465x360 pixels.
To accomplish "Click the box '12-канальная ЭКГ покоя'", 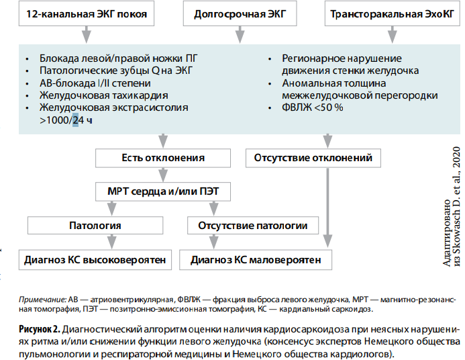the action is click(x=87, y=13).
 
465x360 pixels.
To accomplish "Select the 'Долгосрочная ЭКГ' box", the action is click(x=240, y=13).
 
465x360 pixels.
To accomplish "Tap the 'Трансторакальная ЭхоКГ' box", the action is click(x=393, y=13).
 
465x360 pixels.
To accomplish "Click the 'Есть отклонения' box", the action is click(x=163, y=158).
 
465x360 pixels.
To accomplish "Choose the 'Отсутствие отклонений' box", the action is click(x=313, y=158).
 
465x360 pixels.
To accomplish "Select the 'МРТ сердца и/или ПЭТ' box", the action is click(x=163, y=191).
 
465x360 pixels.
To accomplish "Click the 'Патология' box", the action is click(x=95, y=226).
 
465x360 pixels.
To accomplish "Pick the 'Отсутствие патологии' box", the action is click(x=253, y=226).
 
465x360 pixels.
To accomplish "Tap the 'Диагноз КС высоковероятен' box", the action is click(x=95, y=260).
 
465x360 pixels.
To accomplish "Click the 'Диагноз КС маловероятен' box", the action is click(x=256, y=260).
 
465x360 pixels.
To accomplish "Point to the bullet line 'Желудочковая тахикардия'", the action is click(x=104, y=95).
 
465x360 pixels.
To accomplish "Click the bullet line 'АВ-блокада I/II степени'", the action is click(x=95, y=83).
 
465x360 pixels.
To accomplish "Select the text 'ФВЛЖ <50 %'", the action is click(x=312, y=107).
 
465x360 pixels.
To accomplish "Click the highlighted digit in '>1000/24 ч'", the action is click(x=76, y=120).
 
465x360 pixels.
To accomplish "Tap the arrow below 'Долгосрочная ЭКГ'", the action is click(x=240, y=35).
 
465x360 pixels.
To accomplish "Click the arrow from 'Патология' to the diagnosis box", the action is click(x=111, y=242).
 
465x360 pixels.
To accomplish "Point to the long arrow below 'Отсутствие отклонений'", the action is click(x=327, y=208).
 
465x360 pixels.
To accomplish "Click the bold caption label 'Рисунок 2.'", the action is click(x=40, y=329).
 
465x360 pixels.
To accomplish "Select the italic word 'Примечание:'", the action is click(x=43, y=300).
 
